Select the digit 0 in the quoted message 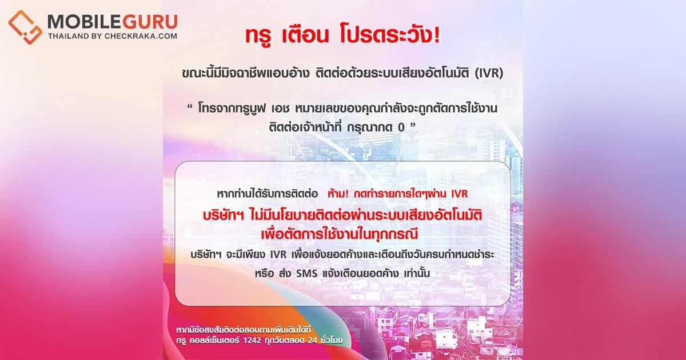[x=406, y=130]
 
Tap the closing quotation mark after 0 [x=419, y=128]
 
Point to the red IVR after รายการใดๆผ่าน [x=459, y=195]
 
